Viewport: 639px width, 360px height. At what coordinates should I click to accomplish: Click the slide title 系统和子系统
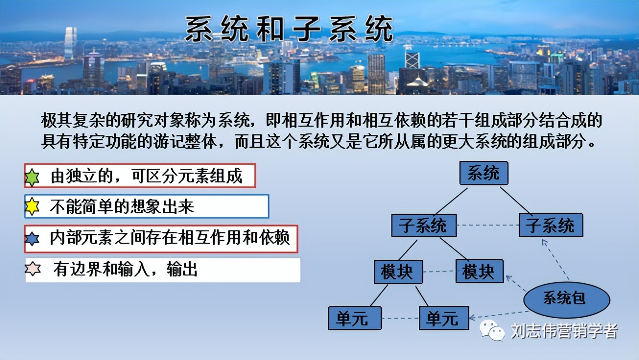[x=289, y=29]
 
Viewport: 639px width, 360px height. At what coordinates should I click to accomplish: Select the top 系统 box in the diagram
[x=484, y=173]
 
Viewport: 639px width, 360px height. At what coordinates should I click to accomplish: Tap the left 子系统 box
[x=424, y=226]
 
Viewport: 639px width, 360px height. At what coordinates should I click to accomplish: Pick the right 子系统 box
[x=551, y=226]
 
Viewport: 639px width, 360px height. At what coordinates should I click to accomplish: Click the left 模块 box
[x=398, y=272]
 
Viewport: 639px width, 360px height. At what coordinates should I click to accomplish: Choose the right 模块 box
[x=479, y=272]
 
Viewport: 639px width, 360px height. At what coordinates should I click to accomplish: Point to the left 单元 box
[x=355, y=318]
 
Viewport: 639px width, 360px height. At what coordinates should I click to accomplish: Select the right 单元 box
[x=444, y=318]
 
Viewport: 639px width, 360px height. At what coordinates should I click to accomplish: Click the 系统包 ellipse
[x=566, y=299]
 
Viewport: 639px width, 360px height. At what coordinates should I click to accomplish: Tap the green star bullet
[x=32, y=177]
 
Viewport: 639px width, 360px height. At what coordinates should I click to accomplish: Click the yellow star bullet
[x=32, y=206]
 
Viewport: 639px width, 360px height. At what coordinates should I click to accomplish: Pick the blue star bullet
[x=32, y=239]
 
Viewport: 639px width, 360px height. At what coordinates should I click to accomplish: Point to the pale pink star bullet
[x=33, y=269]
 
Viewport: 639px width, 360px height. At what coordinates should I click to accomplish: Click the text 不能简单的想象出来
[x=122, y=206]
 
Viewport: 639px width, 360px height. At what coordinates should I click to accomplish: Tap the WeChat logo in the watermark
[x=492, y=331]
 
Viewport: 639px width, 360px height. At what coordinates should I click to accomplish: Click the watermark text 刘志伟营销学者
[x=564, y=331]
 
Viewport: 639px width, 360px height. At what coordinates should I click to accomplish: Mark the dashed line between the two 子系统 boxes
[x=487, y=226]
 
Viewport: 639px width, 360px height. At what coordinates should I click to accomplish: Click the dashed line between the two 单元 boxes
[x=400, y=318]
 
